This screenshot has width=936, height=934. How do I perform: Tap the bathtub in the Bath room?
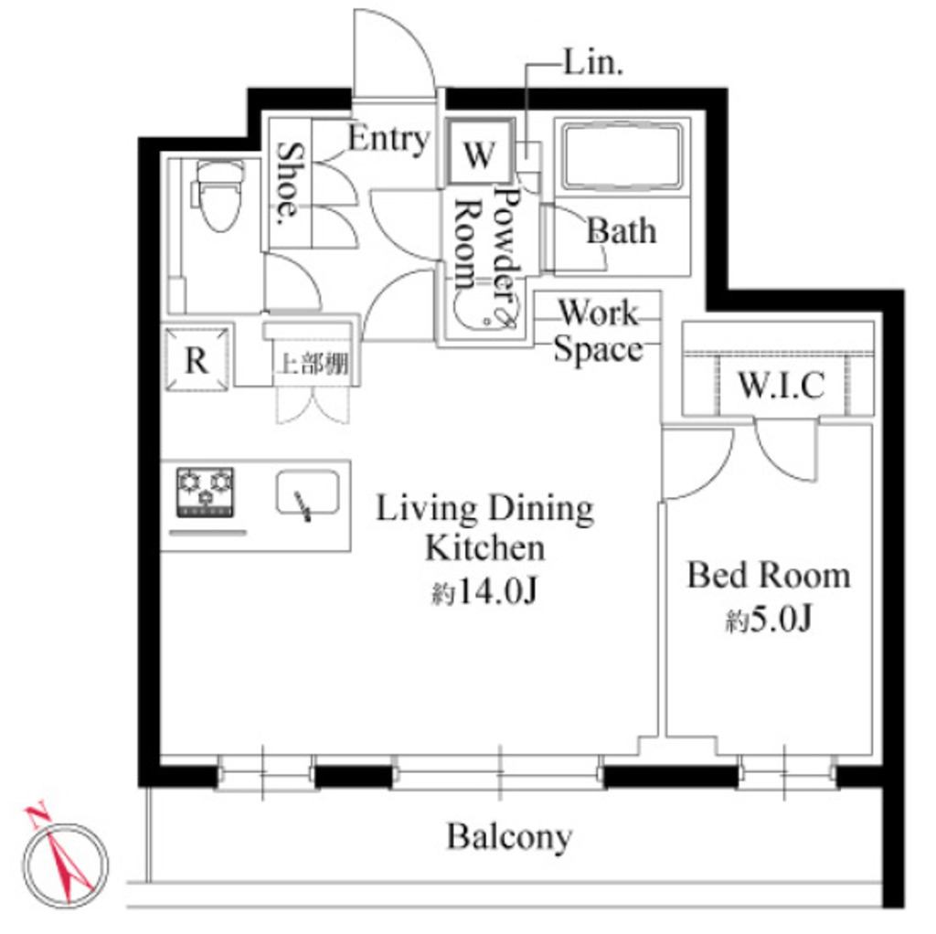622,155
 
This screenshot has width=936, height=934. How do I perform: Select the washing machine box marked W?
480,153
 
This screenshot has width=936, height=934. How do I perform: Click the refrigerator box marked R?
197,359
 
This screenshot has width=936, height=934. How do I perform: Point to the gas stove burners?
205,493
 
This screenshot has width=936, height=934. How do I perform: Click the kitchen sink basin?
307,494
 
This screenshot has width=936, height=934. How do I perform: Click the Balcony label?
509,837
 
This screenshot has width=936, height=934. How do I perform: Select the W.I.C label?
782,385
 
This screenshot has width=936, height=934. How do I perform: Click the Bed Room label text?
769,576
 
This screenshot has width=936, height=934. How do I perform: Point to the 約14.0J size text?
484,591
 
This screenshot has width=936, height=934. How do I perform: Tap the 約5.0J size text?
769,620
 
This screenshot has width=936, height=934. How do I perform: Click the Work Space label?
599,331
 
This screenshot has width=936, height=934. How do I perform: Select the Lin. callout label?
593,62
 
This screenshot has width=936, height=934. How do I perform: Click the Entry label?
389,139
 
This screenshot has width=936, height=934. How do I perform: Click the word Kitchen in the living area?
484,547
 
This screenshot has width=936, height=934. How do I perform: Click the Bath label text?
622,230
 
